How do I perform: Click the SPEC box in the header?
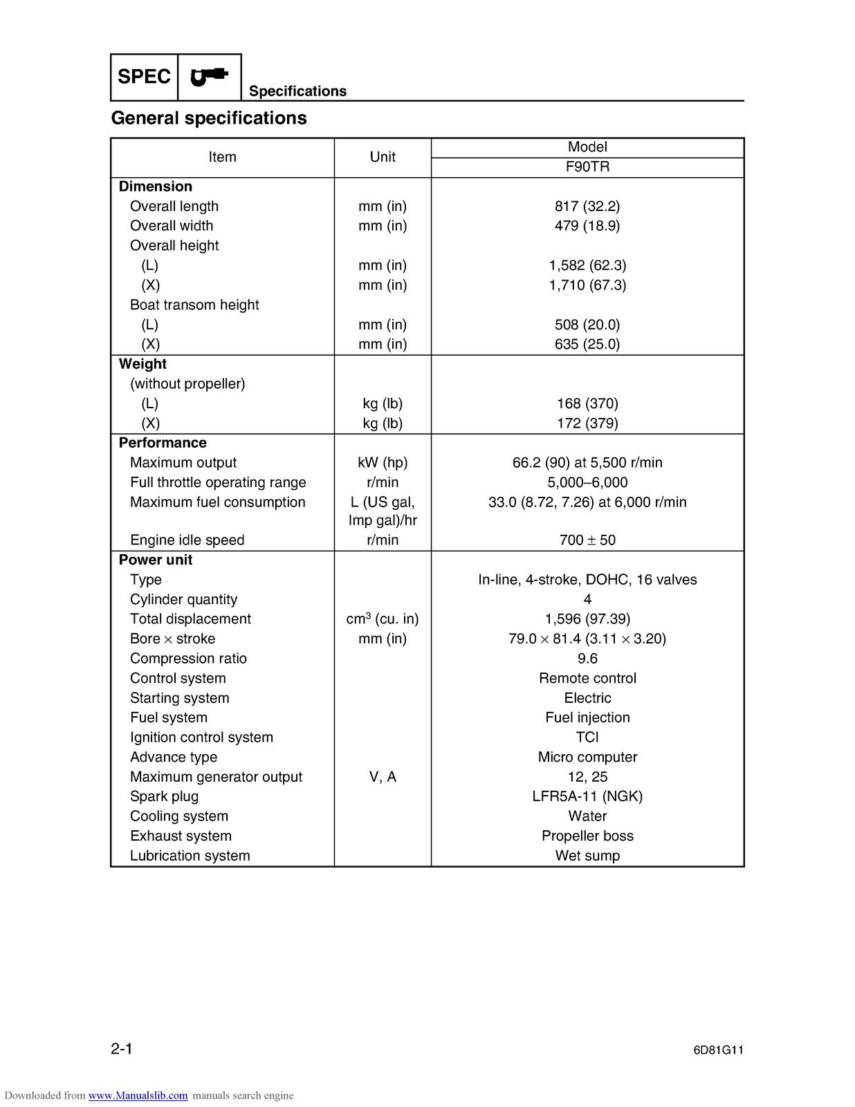pos(144,77)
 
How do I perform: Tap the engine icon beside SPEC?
pos(209,77)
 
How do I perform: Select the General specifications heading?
pos(209,118)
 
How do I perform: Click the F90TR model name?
pos(587,167)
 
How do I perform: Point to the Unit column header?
pos(383,157)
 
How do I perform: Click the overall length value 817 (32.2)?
pos(587,206)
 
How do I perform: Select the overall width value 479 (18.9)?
pos(587,226)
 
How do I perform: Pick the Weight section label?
pos(142,364)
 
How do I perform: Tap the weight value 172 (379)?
pos(587,423)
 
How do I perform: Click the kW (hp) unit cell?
pos(383,463)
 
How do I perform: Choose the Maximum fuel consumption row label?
pos(217,502)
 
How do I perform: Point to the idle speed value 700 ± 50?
pos(587,540)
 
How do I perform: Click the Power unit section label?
pos(156,560)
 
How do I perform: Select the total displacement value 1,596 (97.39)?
pos(587,619)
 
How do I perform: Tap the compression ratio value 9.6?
pos(587,659)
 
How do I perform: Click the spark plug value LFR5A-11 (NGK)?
pos(587,796)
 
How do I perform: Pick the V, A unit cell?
pos(383,777)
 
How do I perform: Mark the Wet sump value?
pos(587,856)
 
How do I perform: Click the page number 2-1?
pos(122,1049)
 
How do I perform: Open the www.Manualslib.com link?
pos(138,1095)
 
